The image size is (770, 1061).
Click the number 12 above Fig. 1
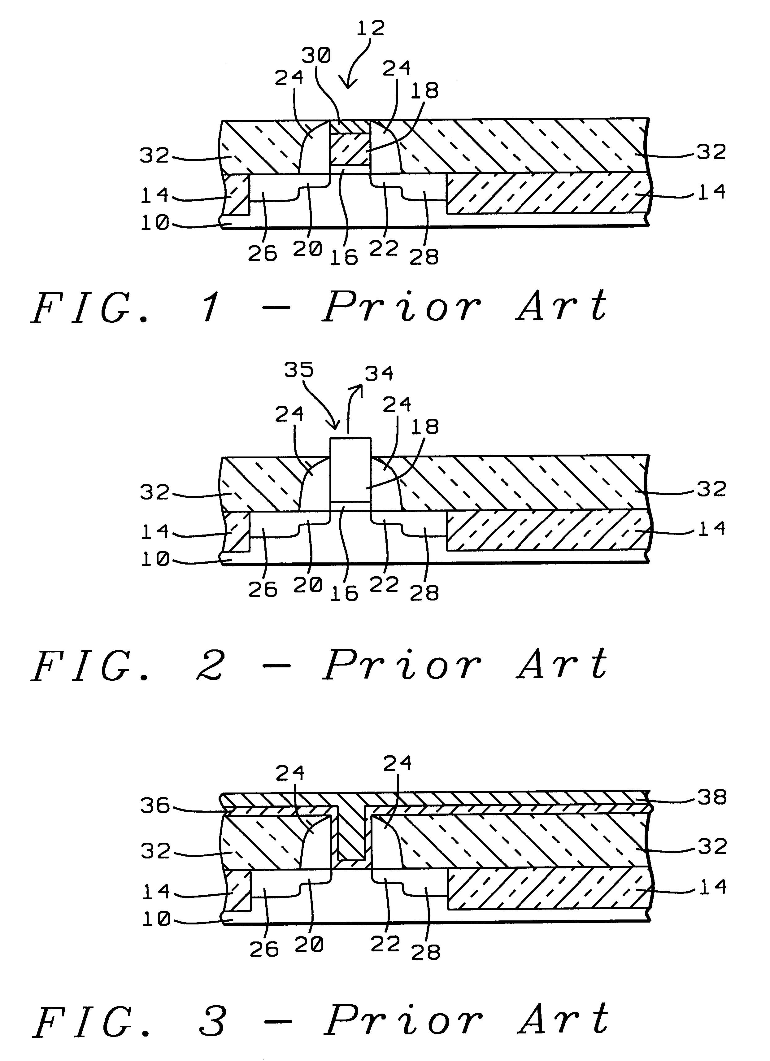pyautogui.click(x=371, y=28)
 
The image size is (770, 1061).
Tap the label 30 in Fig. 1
pyautogui.click(x=316, y=56)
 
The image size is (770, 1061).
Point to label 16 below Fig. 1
pyautogui.click(x=344, y=257)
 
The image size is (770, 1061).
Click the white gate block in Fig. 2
pyautogui.click(x=350, y=469)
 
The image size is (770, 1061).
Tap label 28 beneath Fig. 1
pyautogui.click(x=424, y=257)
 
